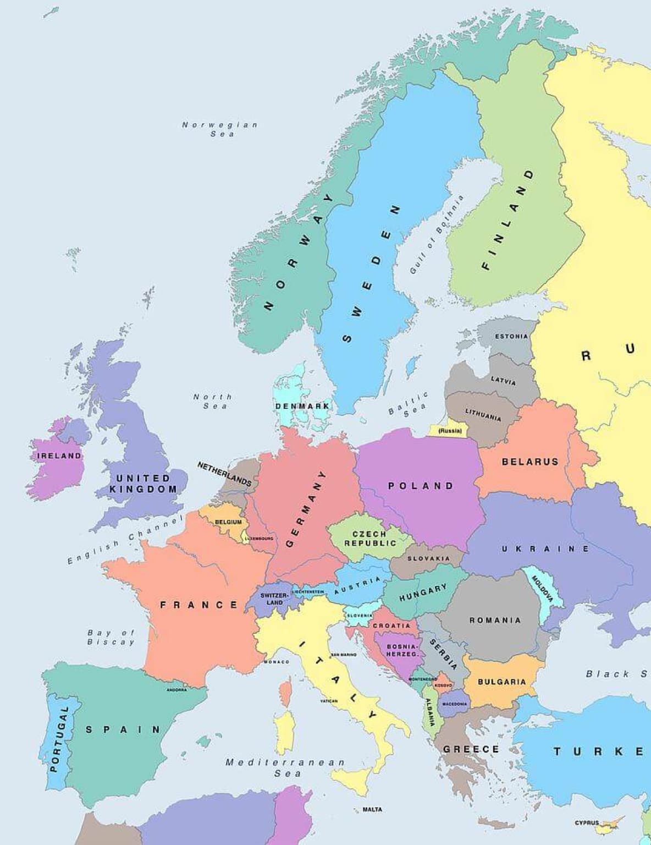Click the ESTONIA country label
click(511, 336)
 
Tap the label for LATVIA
click(503, 380)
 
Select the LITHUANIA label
click(483, 415)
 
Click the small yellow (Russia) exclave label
click(450, 431)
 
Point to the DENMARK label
click(302, 406)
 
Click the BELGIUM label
click(228, 522)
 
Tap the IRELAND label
click(59, 456)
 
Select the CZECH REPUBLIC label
click(370, 539)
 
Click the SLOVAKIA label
click(428, 558)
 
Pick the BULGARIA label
click(501, 682)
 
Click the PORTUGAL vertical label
click(57, 739)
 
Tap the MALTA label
click(372, 809)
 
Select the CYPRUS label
click(587, 823)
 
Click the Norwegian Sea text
click(220, 129)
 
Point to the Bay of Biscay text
click(111, 638)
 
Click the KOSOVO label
click(443, 685)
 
